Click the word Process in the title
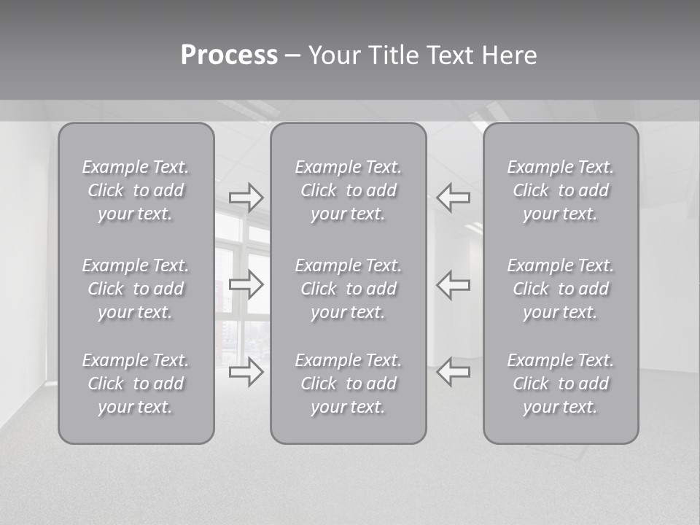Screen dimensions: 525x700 229,55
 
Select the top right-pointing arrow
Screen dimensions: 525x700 246,197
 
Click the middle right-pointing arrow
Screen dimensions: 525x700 246,284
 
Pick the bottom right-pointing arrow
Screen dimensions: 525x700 246,372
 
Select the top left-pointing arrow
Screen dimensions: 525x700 453,197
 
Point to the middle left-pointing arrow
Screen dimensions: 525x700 453,284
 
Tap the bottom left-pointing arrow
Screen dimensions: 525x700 453,372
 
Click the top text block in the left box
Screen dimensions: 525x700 136,190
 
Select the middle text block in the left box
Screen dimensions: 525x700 136,289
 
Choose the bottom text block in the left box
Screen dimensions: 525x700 136,384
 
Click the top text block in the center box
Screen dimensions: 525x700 349,190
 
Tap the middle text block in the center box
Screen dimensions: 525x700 349,289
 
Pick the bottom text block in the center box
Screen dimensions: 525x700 349,384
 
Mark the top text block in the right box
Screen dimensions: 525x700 561,190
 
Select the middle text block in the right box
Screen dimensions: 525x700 561,289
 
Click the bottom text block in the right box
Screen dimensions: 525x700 561,384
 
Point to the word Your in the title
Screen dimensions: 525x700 333,55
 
